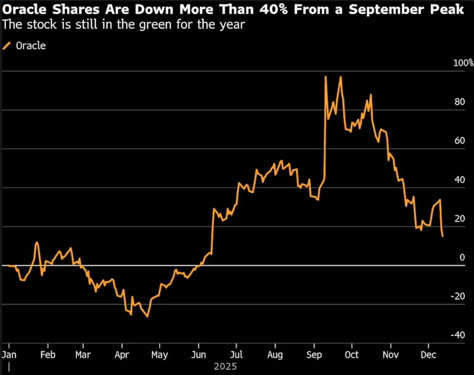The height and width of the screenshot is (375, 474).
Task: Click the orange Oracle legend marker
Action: (7, 46)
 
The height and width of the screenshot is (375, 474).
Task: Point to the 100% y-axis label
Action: (463, 63)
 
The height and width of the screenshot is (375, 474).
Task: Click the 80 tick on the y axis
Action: (459, 102)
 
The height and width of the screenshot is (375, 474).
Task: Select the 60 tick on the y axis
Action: (459, 141)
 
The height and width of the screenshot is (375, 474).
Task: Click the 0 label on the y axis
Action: (462, 258)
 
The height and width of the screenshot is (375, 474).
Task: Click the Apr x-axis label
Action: (122, 355)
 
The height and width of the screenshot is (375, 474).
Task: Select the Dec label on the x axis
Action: (428, 355)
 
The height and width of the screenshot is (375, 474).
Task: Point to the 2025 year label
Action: (225, 366)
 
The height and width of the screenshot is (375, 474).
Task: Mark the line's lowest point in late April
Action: (148, 317)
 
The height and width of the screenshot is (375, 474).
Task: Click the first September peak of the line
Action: (325, 77)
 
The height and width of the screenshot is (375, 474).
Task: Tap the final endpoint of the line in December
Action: (442, 236)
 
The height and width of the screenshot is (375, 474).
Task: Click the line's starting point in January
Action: (8, 265)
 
